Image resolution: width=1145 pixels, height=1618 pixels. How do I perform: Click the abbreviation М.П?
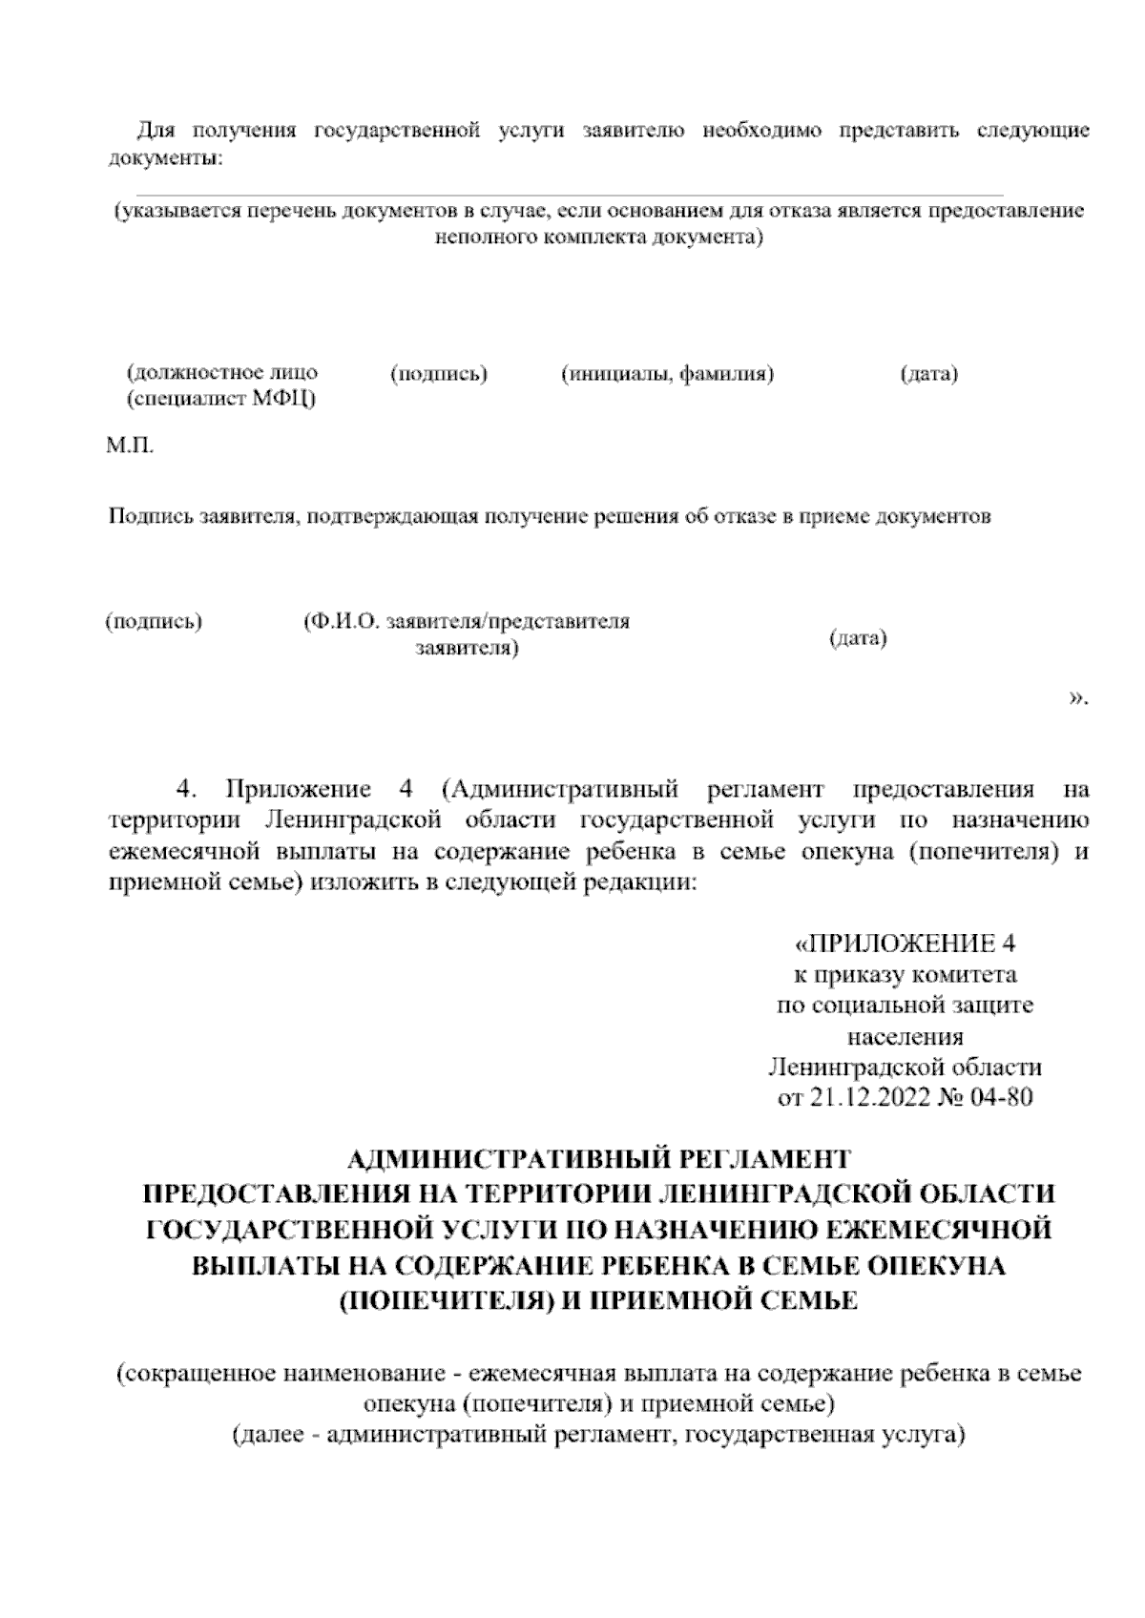coord(129,446)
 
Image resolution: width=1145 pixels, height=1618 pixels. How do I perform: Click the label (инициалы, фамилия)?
coord(667,374)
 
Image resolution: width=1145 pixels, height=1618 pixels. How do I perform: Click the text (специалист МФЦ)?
coord(221,399)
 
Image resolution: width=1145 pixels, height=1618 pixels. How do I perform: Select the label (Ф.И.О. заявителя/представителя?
coord(467,622)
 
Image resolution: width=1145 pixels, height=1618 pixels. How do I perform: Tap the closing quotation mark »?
coord(1077,699)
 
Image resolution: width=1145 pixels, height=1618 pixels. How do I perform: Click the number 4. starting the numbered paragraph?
coord(188,790)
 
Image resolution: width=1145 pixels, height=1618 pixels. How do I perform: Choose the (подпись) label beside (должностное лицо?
coord(439,374)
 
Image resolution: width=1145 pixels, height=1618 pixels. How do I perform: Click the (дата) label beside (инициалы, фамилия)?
coord(928,374)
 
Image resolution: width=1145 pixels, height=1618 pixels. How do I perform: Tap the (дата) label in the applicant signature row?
coord(858,638)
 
